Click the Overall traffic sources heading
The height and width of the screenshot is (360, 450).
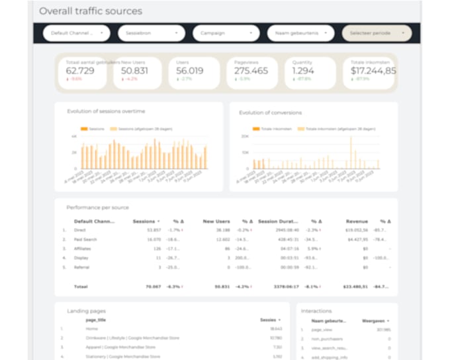(91, 11)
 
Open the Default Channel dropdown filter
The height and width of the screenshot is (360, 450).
(76, 32)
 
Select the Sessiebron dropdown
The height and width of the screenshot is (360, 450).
(151, 32)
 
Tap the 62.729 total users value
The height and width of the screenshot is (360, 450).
(80, 71)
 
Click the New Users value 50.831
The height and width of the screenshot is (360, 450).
(134, 71)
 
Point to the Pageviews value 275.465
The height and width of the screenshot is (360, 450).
(251, 71)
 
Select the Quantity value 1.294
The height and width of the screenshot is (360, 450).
(304, 71)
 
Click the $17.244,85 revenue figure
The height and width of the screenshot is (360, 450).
(373, 71)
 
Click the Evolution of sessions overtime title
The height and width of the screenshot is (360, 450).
(106, 111)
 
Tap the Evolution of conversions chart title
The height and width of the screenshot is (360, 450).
(270, 112)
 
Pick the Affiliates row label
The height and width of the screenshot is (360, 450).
(83, 248)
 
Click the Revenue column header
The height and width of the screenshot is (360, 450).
(357, 221)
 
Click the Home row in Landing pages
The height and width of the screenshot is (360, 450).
(92, 328)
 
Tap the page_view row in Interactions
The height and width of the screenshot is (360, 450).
(322, 329)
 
